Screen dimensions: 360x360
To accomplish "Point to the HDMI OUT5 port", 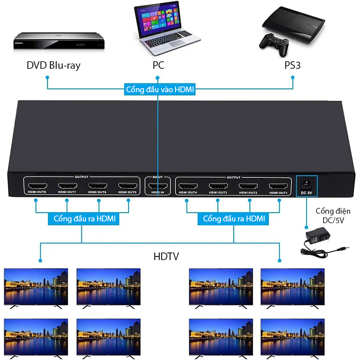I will [128, 185].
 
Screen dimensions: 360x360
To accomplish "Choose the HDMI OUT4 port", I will [188, 185].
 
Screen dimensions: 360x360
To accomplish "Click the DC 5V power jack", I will [306, 184].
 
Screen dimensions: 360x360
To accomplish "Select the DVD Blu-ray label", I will [53, 65].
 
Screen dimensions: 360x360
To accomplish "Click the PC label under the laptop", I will [158, 65].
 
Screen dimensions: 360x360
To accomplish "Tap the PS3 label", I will [292, 65].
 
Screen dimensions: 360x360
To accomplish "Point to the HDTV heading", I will [166, 256].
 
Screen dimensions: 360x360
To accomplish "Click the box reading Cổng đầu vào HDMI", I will [159, 90].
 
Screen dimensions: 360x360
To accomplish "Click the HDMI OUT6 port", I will [98, 185].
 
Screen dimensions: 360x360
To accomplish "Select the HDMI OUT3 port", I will [218, 185].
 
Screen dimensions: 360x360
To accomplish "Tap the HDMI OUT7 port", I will [67, 185].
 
